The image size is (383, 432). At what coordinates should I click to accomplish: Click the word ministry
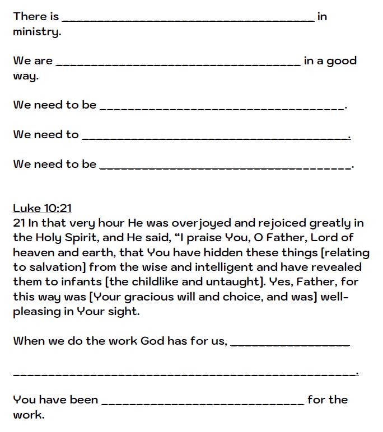pos(36,32)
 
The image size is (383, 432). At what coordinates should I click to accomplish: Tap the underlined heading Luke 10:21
pos(43,208)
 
